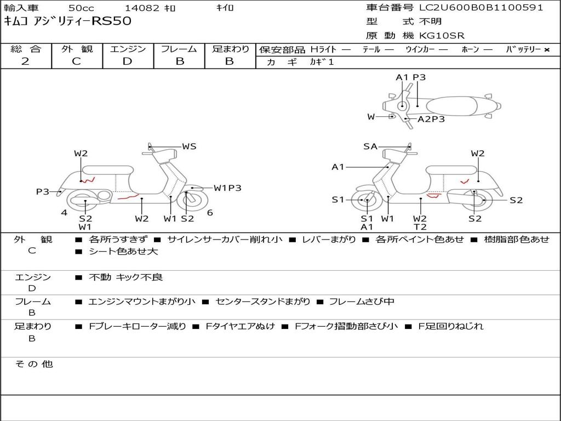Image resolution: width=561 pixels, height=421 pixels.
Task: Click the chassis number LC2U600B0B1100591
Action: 481,8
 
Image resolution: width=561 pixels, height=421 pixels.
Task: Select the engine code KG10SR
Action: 442,36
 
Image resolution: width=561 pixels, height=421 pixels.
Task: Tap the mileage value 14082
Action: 142,8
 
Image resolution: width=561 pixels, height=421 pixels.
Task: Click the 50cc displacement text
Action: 81,8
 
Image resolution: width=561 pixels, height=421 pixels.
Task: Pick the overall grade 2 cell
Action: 25,61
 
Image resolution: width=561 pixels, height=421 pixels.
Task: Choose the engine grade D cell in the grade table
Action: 127,61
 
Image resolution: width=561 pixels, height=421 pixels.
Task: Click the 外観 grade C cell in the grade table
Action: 76,61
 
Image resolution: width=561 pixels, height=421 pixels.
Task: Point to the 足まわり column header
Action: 230,49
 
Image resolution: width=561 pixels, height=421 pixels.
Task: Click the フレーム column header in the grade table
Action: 179,49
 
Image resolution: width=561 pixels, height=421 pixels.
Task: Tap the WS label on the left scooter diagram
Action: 189,146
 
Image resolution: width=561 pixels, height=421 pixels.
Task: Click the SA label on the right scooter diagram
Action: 370,146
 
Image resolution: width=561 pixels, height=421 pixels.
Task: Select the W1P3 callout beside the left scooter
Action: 227,188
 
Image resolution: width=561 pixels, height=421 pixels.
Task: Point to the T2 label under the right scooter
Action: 420,227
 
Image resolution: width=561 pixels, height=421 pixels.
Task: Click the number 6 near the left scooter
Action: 210,213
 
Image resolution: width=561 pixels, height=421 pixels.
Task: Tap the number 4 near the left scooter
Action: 64,213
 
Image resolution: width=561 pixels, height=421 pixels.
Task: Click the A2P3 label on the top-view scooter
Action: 431,119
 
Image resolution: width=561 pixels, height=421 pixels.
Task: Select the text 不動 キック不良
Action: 125,277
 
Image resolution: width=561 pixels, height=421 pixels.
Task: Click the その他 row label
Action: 34,364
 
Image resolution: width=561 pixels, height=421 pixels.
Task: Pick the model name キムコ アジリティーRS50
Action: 68,21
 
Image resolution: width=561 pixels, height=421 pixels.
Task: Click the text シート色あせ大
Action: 123,252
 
